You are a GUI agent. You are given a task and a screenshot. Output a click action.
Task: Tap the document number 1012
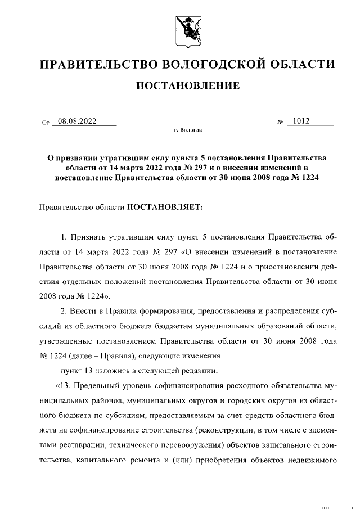click(301, 120)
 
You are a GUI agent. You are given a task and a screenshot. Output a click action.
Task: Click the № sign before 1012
click(280, 122)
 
